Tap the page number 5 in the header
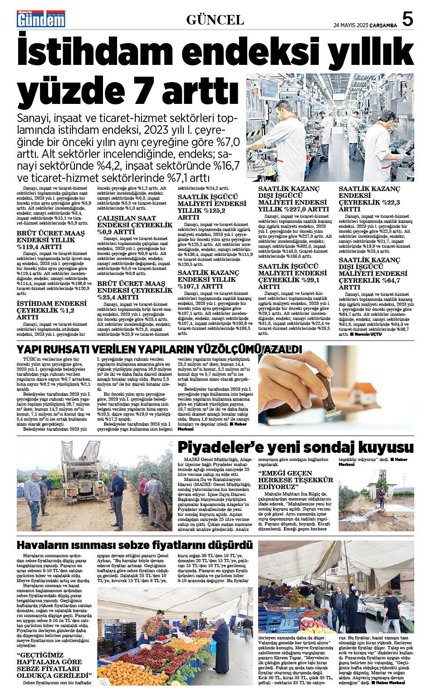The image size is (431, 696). coord(407,19)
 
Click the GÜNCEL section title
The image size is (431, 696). coord(215,20)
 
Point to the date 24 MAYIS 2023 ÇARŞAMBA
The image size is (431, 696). coord(365,25)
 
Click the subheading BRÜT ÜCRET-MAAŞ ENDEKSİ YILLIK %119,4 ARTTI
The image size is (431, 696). coord(50,240)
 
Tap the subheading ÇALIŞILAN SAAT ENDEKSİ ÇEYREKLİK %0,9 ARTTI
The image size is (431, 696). coord(135,225)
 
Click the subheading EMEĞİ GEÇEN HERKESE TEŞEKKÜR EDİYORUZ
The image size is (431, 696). coord(295,480)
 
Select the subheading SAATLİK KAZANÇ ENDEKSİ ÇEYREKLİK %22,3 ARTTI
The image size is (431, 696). coord(370,199)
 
